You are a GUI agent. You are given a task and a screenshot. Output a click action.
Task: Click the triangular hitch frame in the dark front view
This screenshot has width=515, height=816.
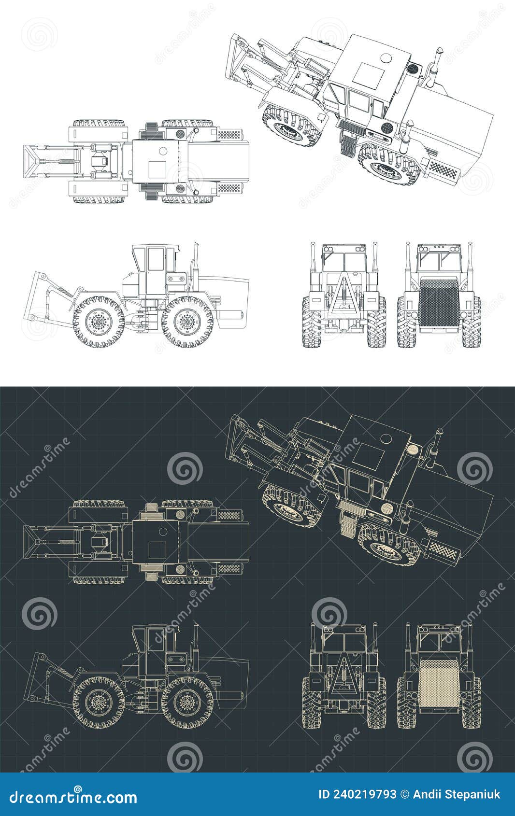click(344, 676)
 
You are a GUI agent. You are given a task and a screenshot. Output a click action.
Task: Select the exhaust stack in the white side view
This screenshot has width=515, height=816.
click(196, 261)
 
